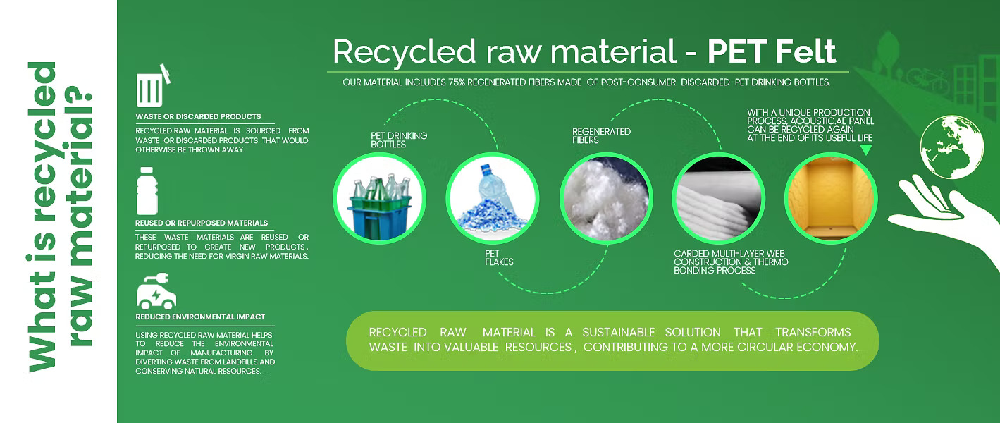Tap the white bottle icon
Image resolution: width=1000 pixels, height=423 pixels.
pos(147,191)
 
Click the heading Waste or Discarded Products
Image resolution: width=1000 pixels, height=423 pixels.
pos(198,116)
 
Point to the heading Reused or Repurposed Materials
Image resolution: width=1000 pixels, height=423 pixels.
pos(202,223)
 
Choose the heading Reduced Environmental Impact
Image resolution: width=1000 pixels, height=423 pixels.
pos(200,317)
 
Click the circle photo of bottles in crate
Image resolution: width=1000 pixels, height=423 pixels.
pos(379,198)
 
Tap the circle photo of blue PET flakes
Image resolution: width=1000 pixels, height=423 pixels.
pos(493,198)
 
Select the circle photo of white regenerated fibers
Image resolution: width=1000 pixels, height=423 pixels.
pos(606,198)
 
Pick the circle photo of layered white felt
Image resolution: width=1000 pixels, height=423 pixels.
pos(718,198)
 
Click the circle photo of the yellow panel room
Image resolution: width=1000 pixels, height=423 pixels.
pos(831,198)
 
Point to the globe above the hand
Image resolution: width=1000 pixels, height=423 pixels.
pos(952,147)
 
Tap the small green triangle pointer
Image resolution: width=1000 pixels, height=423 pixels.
pos(865,149)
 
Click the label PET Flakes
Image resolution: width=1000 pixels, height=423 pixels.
pos(499,258)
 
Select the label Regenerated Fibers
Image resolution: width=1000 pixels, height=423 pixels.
pos(601,136)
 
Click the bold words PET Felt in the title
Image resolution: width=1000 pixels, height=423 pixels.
pos(772,51)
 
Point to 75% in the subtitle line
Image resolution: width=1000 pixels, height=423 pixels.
pos(457,82)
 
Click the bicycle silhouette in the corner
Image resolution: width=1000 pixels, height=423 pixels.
pos(927,80)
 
